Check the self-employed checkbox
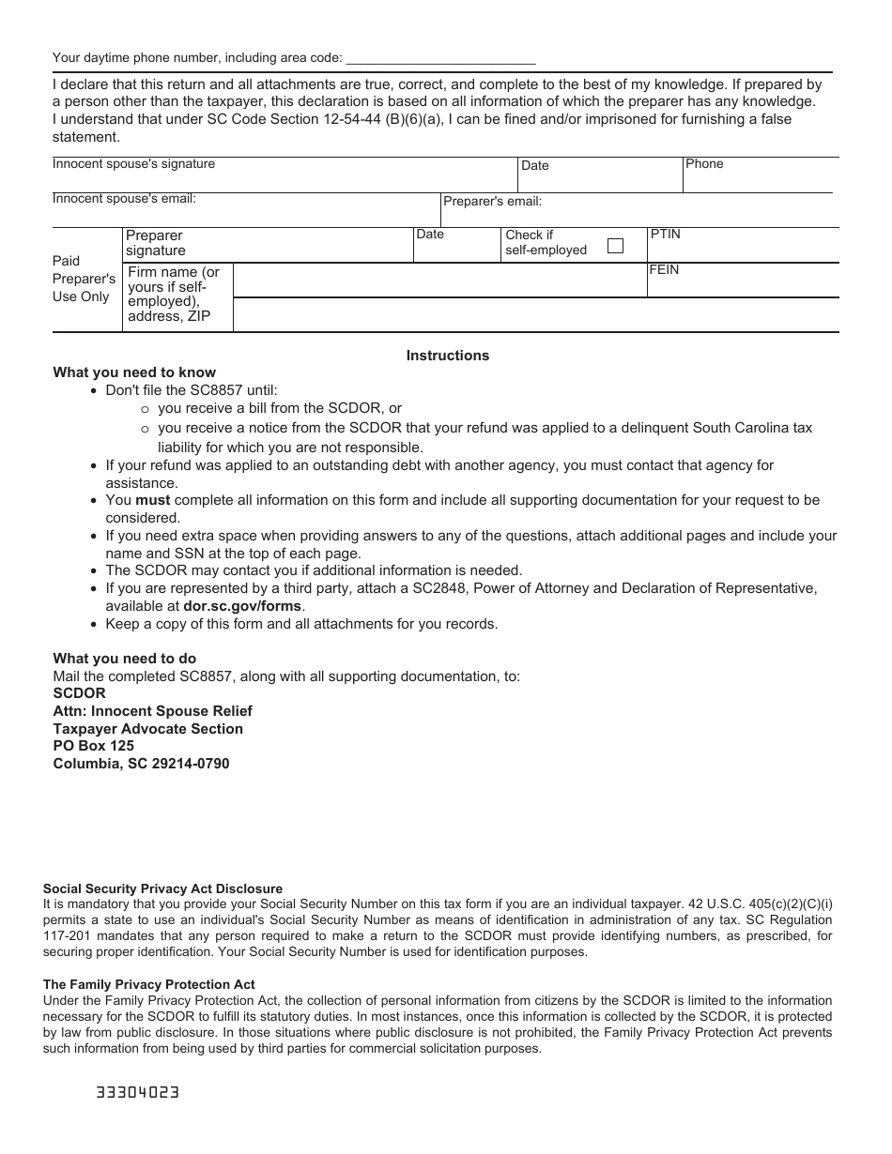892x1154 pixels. click(615, 247)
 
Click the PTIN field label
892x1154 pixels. click(665, 235)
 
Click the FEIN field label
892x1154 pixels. click(664, 270)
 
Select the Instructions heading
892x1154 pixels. click(447, 356)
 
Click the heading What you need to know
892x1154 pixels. click(134, 372)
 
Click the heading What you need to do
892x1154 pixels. click(125, 659)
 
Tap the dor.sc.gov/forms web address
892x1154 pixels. click(242, 606)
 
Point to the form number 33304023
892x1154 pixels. click(137, 1093)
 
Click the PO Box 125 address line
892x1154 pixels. click(94, 746)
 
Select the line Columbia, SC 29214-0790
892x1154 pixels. click(141, 764)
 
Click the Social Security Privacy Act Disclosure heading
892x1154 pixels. click(162, 888)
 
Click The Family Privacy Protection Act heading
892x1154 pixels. click(148, 985)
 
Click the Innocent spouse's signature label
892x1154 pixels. click(133, 164)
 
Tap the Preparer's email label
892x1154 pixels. click(492, 202)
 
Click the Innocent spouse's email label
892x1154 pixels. click(124, 199)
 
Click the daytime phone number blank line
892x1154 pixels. click(440, 58)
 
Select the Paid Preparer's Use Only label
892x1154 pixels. click(84, 279)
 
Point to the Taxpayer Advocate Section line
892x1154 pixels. click(148, 729)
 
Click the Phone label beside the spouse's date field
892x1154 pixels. click(704, 164)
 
